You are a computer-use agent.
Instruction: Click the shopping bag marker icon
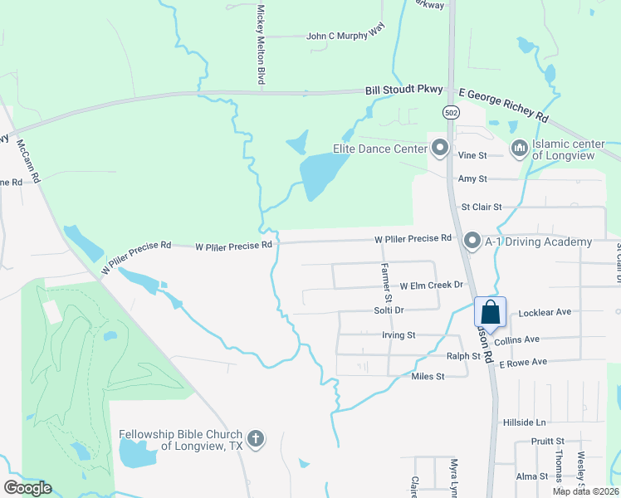point(490,313)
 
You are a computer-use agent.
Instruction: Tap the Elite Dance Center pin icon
point(440,149)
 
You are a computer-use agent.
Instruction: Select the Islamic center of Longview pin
point(520,149)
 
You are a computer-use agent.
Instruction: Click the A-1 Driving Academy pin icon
point(472,241)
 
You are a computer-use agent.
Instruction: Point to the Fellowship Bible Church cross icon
point(257,439)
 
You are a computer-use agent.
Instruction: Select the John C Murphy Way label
point(346,37)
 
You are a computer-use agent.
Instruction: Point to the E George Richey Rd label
point(504,105)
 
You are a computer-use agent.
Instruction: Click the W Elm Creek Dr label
point(431,286)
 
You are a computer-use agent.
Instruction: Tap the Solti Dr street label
point(388,310)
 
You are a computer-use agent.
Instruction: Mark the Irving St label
point(398,335)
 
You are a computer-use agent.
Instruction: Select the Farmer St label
point(385,282)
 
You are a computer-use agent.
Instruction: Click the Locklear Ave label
point(545,313)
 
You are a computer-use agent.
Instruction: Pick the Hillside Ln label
point(525,422)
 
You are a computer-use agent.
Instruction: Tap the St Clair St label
point(482,207)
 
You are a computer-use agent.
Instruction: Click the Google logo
point(27,488)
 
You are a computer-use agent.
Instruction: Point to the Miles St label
point(428,376)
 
